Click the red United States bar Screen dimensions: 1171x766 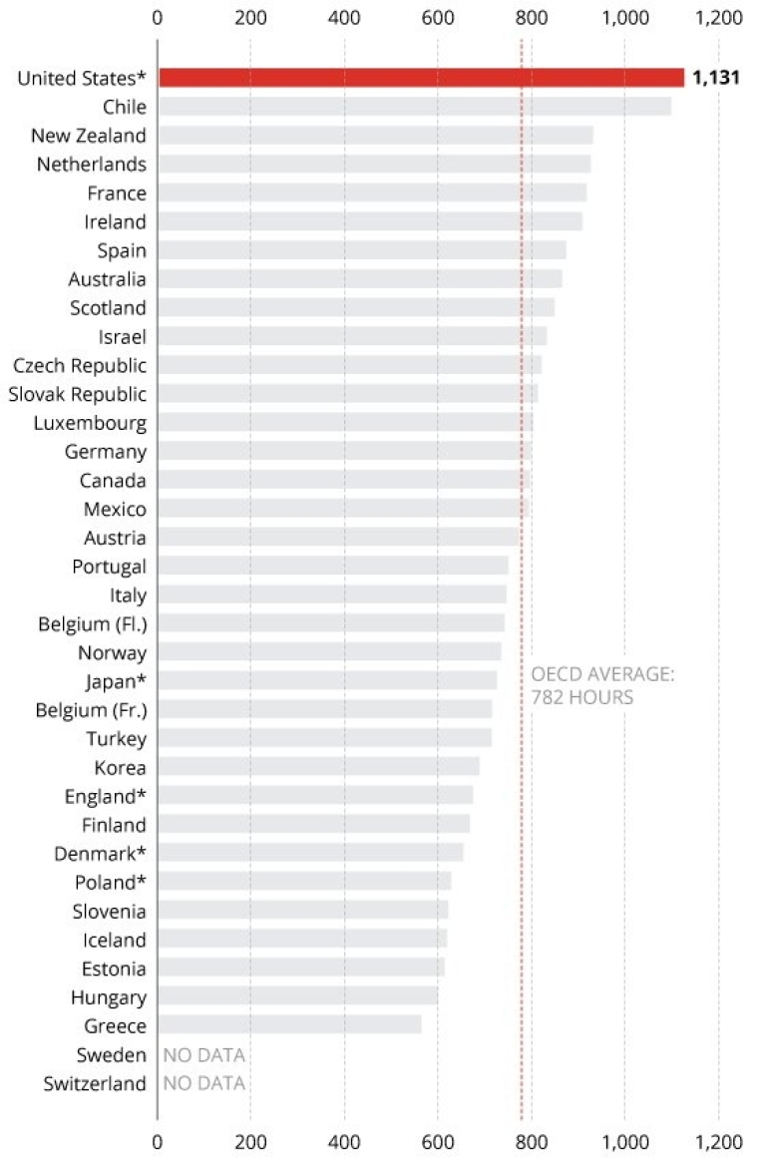[x=421, y=78]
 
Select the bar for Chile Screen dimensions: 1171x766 [x=414, y=107]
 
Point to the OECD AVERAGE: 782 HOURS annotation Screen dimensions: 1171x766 [x=602, y=686]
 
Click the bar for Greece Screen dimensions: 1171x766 [x=289, y=1025]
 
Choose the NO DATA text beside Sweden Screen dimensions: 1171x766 [x=203, y=1054]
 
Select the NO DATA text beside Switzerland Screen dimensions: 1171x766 [x=203, y=1083]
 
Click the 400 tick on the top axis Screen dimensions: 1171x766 [x=344, y=17]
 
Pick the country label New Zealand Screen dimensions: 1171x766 [x=89, y=136]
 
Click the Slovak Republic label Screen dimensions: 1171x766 [x=78, y=394]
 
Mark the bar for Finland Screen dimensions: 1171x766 [x=313, y=825]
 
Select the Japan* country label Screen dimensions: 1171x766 [x=116, y=681]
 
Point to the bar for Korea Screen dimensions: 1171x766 [x=318, y=767]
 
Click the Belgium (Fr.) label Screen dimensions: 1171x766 [x=91, y=710]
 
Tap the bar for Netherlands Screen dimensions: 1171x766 [x=374, y=165]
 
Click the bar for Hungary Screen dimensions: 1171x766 [x=297, y=996]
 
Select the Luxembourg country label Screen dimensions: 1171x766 [x=90, y=423]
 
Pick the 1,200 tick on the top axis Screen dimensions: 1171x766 [x=718, y=17]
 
